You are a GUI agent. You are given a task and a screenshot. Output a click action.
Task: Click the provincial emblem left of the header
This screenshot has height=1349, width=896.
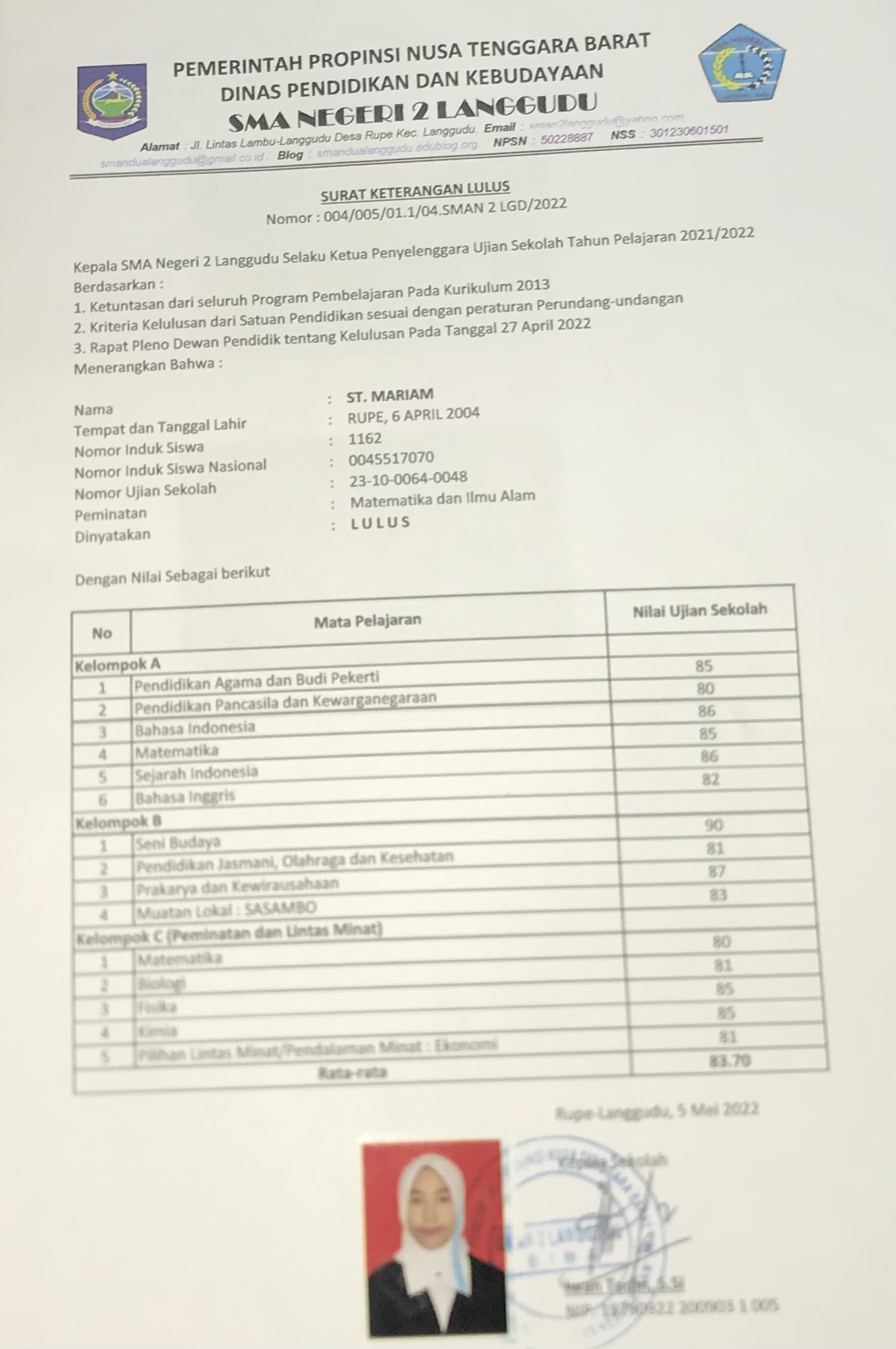click(x=111, y=101)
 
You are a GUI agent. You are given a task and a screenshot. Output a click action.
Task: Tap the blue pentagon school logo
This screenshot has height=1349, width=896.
click(x=741, y=65)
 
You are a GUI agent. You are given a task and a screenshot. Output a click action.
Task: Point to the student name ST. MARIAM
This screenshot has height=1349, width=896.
click(x=390, y=395)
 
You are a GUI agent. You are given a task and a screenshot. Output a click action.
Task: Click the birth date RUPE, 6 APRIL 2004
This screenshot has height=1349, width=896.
click(x=414, y=415)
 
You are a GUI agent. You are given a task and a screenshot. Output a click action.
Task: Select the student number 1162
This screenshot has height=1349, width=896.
click(x=365, y=439)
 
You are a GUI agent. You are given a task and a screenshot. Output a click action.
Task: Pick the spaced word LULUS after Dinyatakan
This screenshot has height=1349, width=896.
click(x=380, y=523)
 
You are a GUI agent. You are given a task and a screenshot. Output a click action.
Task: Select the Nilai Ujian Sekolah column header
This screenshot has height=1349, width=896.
click(x=699, y=610)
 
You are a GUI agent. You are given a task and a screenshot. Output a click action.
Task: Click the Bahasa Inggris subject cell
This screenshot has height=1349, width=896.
click(x=184, y=797)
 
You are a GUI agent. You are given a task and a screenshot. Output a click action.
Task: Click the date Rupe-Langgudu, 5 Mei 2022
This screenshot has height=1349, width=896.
click(x=657, y=1111)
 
